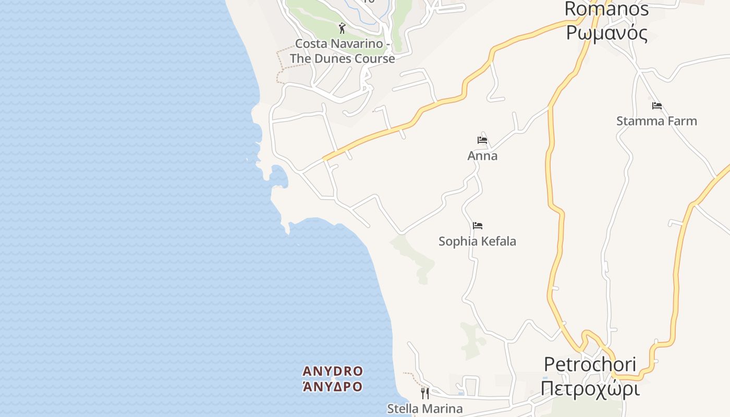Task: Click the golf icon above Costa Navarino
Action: coord(342,28)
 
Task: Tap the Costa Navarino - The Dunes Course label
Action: coord(342,51)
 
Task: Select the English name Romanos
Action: coord(606,9)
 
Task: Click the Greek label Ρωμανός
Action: coord(606,33)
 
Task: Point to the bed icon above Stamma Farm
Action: coord(656,106)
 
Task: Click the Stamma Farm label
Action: coord(656,121)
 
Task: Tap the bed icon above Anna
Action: coord(482,140)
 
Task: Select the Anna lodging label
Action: coord(482,156)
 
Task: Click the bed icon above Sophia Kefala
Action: coord(477,226)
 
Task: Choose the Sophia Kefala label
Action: coord(477,241)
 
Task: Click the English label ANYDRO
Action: coord(333,371)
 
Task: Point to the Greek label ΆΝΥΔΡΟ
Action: coord(333,386)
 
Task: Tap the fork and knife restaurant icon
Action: coord(425,393)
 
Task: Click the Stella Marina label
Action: coord(424,408)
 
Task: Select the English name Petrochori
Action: coord(590,364)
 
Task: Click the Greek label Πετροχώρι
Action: coord(590,389)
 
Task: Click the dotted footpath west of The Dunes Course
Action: coord(279,65)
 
